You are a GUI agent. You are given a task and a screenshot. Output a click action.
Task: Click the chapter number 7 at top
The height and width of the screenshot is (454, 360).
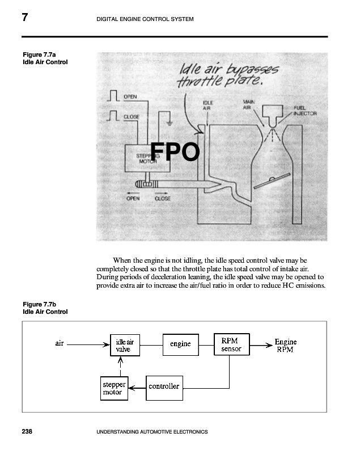[x=24, y=18]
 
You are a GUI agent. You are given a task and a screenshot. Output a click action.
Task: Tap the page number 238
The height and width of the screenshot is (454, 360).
[x=27, y=432]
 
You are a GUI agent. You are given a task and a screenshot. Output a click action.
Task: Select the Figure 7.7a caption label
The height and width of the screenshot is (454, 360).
[x=45, y=58]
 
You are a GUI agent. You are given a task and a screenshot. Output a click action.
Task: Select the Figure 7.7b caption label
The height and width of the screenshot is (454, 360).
[x=45, y=308]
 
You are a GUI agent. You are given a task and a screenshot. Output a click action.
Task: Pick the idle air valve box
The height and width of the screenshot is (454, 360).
[x=125, y=345]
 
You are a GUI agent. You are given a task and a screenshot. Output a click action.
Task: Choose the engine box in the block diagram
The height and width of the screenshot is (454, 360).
[x=180, y=344]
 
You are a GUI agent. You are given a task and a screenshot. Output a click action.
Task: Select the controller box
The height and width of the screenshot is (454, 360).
[x=164, y=386]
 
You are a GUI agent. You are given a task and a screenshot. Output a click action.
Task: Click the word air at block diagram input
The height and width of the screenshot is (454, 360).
[x=60, y=343]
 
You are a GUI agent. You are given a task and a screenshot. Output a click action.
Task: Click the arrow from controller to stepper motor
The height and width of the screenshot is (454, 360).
[x=137, y=388]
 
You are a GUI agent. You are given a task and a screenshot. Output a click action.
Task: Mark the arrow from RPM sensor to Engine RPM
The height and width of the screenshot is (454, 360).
[x=259, y=344]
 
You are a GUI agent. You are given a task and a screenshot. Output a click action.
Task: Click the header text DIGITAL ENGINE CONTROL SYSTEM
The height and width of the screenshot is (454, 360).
[x=146, y=19]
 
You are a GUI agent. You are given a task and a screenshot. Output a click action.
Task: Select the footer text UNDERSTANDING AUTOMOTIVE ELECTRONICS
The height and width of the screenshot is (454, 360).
[x=153, y=432]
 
